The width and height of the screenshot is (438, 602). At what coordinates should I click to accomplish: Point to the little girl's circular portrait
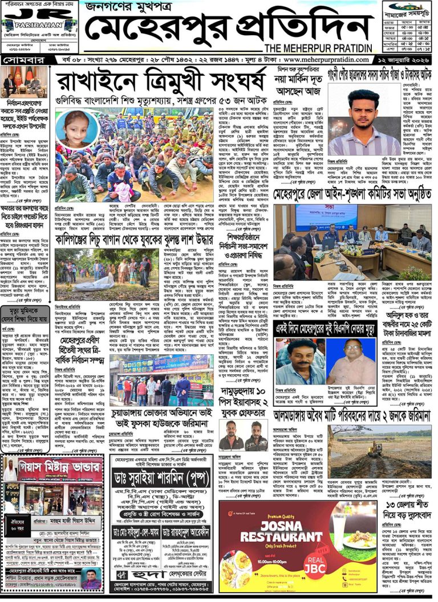[x=79, y=129]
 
